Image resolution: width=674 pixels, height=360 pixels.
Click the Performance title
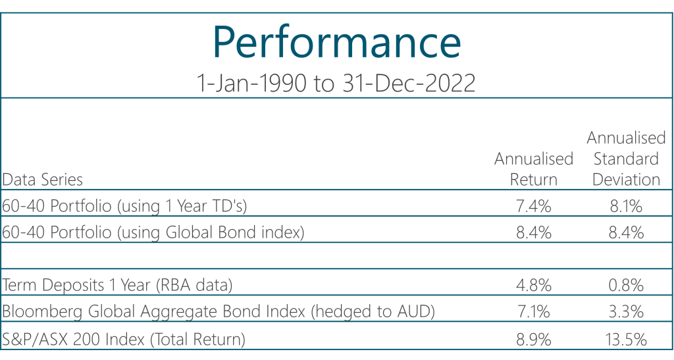(x=337, y=43)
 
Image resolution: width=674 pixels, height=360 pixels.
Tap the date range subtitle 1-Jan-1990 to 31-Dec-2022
(x=336, y=83)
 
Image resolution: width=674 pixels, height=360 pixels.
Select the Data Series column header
(x=43, y=179)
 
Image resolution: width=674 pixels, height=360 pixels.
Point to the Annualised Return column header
(x=534, y=169)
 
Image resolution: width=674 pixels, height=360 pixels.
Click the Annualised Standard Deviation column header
(x=627, y=159)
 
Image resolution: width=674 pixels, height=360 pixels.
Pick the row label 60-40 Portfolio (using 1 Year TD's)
(x=124, y=206)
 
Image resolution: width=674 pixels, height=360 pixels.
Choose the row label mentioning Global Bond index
(x=153, y=232)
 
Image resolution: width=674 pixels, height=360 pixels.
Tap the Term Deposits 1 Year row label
(x=117, y=285)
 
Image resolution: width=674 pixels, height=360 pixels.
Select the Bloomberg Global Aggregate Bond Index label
(x=219, y=311)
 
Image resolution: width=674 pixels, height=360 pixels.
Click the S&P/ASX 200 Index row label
(x=124, y=339)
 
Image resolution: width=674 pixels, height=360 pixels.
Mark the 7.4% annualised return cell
(x=534, y=207)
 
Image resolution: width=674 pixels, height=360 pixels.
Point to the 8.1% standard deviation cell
(x=627, y=207)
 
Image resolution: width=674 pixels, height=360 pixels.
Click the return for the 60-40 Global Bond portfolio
(x=534, y=233)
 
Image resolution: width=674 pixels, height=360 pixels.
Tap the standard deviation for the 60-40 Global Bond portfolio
(x=627, y=233)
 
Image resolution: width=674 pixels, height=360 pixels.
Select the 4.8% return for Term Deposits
(x=534, y=286)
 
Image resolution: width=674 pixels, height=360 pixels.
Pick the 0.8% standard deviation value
(x=627, y=286)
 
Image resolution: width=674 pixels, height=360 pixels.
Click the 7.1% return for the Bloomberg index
(x=533, y=312)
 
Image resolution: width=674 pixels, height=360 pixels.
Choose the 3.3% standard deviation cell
(x=627, y=312)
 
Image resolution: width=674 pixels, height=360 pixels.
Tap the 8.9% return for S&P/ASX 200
(x=534, y=340)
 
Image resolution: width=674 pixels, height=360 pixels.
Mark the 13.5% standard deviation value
(x=627, y=340)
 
